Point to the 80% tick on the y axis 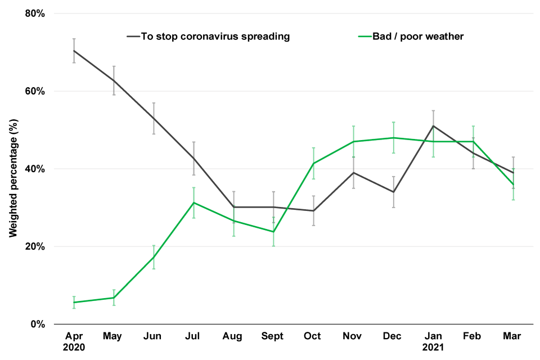pos(34,13)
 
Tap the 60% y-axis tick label pos(34,91)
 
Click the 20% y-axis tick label pos(34,246)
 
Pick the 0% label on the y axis pos(37,324)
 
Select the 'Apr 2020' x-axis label pos(74,341)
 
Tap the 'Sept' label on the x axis pos(273,336)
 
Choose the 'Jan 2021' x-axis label pos(433,341)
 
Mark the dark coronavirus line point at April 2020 pos(74,51)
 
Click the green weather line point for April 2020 pos(74,303)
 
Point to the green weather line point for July pos(193,202)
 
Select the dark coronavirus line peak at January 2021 pos(433,126)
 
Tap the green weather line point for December pos(393,138)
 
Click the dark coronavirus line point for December pos(393,192)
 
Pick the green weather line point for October pos(313,163)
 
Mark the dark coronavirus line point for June pos(154,118)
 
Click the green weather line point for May pos(114,298)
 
